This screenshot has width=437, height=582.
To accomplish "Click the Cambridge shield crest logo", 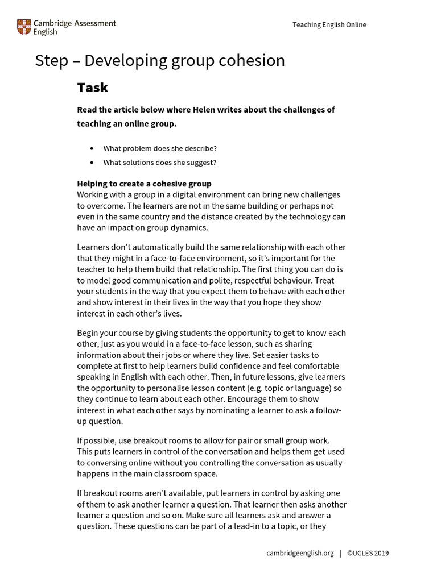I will (x=24, y=27).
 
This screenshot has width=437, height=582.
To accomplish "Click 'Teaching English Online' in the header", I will (x=329, y=25).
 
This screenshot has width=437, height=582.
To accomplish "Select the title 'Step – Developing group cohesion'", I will (x=160, y=61).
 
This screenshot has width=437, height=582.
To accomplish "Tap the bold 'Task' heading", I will (x=92, y=88).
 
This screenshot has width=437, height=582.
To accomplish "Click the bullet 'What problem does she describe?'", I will (x=160, y=148).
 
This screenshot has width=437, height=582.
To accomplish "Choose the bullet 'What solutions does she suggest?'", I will (x=159, y=163).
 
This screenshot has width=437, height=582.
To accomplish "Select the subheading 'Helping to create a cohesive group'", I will (x=144, y=184).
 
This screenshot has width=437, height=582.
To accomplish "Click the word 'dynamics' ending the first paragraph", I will (x=189, y=227).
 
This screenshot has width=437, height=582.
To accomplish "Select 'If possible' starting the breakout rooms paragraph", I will (x=94, y=440).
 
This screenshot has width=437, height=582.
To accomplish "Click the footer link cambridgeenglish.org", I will (x=299, y=553).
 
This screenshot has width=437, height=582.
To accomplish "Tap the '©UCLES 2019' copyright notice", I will (x=368, y=553).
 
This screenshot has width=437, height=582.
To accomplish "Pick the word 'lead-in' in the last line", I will (x=254, y=526).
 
